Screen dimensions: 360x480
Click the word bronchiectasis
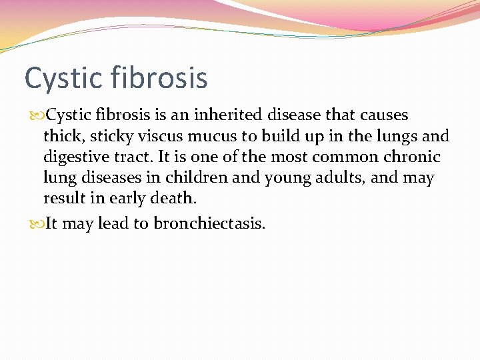tap(209, 223)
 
